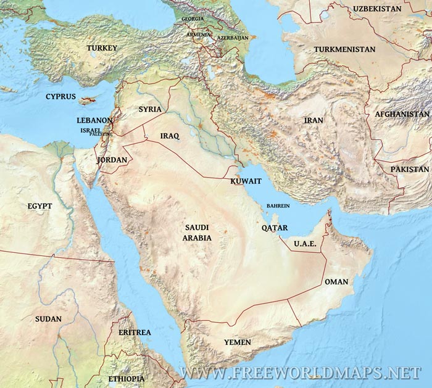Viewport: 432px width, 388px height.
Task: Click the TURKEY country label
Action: point(102,48)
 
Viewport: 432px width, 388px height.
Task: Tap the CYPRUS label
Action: point(60,97)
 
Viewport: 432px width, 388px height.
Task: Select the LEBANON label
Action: point(94,121)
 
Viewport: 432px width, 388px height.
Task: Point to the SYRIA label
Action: point(150,109)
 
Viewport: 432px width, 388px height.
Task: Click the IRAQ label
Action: point(169,136)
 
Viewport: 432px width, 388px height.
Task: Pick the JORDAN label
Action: point(112,160)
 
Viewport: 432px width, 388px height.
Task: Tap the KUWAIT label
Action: point(246,181)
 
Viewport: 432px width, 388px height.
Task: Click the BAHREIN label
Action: point(278,206)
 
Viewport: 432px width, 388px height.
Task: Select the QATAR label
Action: point(275,228)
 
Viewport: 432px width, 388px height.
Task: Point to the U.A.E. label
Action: point(305,244)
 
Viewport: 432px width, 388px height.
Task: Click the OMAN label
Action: point(336,282)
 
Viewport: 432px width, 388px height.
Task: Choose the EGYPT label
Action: point(40,206)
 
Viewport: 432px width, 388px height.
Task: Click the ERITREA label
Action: point(135,332)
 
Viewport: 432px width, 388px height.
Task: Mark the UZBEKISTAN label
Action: point(378,9)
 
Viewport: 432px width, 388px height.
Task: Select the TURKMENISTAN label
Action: point(344,49)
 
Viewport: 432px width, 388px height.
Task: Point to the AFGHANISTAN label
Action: point(402,114)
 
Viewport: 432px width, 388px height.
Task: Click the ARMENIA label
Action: point(199,35)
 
